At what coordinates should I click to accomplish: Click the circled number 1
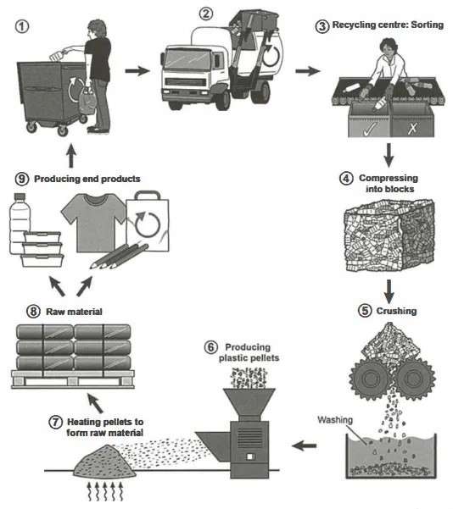point(22,26)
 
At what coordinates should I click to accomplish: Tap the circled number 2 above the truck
point(206,14)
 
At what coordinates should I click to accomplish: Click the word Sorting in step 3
point(427,25)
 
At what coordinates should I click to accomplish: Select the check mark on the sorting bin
point(371,129)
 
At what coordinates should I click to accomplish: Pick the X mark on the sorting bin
point(412,129)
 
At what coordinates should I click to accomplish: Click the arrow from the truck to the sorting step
point(308,71)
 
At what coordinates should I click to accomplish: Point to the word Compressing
point(389,178)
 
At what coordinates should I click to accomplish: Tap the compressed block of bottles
point(389,236)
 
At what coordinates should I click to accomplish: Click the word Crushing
point(396,311)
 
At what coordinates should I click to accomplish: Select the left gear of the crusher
point(370,378)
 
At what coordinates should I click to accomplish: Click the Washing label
point(335,420)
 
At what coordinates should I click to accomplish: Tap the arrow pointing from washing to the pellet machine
point(304,445)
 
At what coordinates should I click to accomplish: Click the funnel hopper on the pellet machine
point(249,401)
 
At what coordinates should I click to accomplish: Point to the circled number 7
point(55,422)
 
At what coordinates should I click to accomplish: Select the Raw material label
point(74,312)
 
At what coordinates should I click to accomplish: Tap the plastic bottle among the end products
point(20,224)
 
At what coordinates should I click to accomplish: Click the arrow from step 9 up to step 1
point(71,157)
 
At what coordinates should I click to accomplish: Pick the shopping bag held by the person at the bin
point(87,101)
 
